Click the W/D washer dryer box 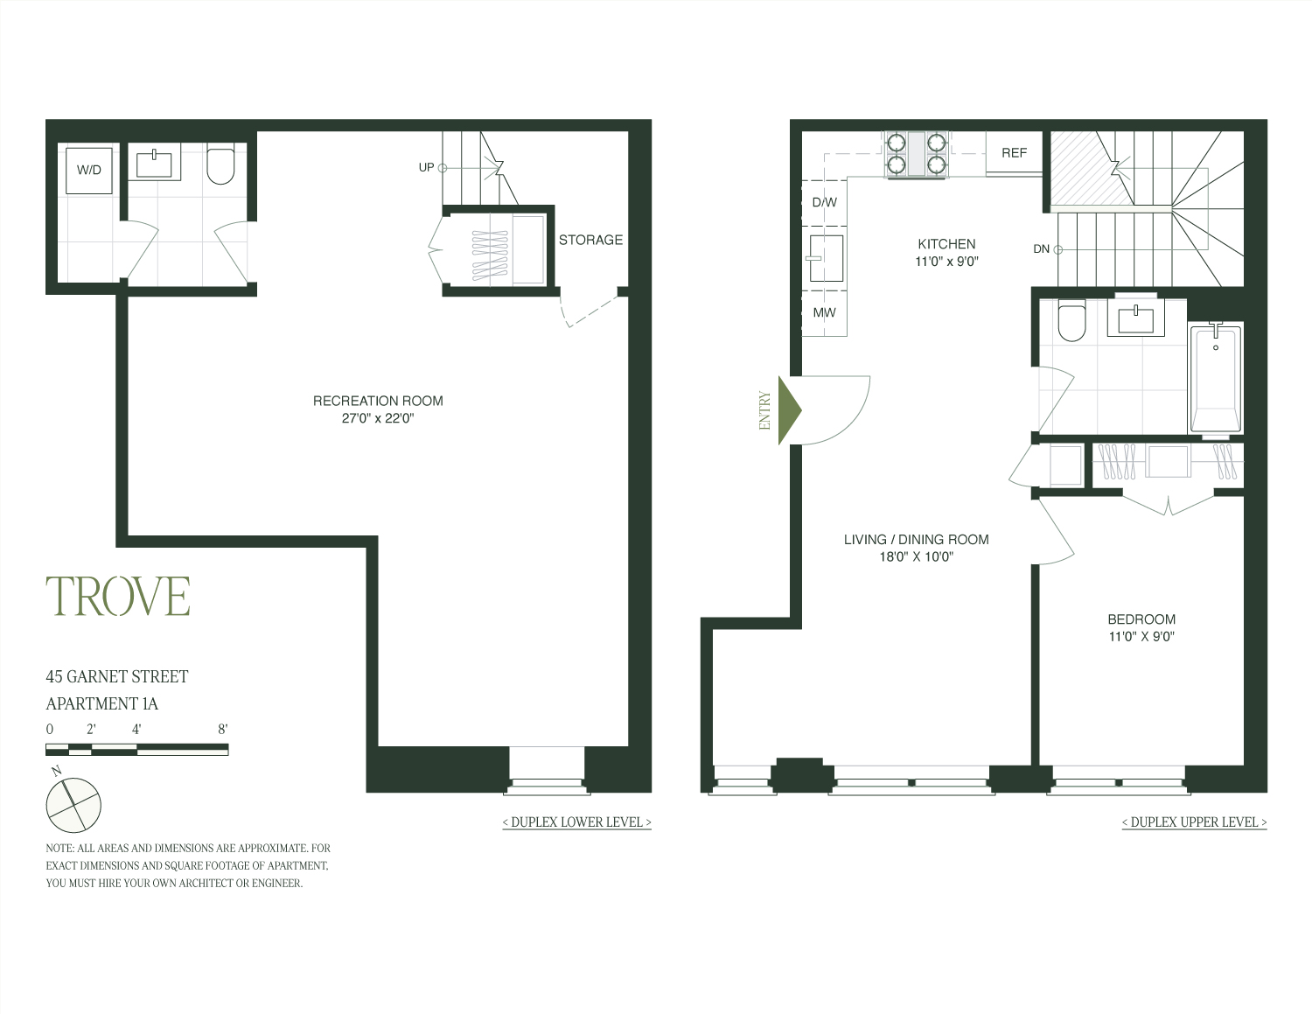(x=89, y=170)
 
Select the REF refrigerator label (x=1014, y=153)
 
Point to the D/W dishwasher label (x=824, y=202)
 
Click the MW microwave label (x=824, y=312)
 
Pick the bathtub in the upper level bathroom (x=1214, y=379)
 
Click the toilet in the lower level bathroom (x=220, y=166)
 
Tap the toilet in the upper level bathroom (x=1071, y=321)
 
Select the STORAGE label (x=590, y=240)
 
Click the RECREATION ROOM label (x=378, y=401)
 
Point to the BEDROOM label (x=1141, y=619)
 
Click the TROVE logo (x=118, y=597)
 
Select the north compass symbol (x=73, y=804)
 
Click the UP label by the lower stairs (x=426, y=167)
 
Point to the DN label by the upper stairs (x=1041, y=249)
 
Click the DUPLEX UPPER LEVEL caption (x=1194, y=822)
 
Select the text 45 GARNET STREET (x=117, y=676)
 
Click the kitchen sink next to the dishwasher (x=826, y=258)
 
